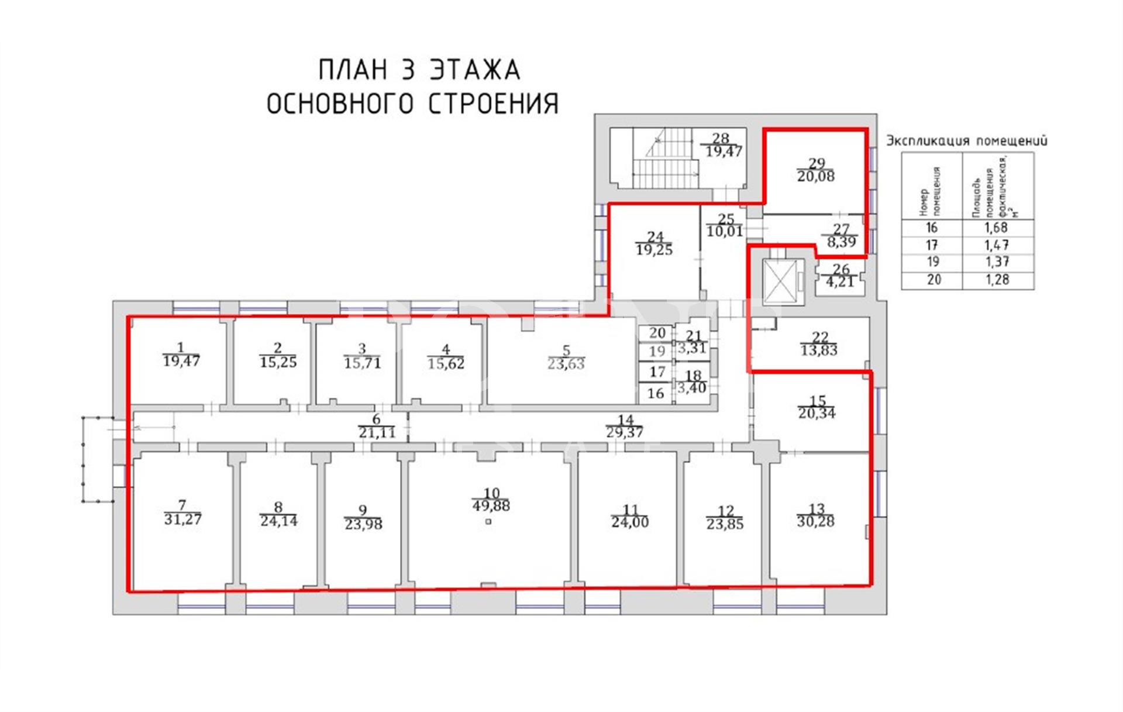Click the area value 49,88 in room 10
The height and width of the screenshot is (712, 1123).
pyautogui.click(x=491, y=506)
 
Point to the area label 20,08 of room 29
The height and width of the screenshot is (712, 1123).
pyautogui.click(x=816, y=176)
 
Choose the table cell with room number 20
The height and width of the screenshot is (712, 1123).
pyautogui.click(x=933, y=280)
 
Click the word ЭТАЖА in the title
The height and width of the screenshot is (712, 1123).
pyautogui.click(x=475, y=70)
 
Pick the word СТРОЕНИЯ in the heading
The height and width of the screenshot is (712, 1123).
pyautogui.click(x=494, y=104)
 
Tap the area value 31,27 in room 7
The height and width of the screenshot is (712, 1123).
pyautogui.click(x=183, y=519)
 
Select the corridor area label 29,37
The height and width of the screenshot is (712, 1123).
pyautogui.click(x=625, y=433)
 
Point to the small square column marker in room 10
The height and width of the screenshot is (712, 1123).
pyautogui.click(x=488, y=522)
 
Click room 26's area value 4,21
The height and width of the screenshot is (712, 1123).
pyautogui.click(x=840, y=281)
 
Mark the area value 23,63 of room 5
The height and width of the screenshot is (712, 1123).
pyautogui.click(x=566, y=364)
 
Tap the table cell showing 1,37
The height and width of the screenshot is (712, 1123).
pyautogui.click(x=997, y=262)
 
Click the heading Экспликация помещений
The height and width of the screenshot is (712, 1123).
pyautogui.click(x=967, y=140)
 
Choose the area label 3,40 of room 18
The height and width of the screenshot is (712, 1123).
pyautogui.click(x=691, y=387)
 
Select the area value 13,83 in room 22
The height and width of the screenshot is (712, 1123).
pyautogui.click(x=819, y=350)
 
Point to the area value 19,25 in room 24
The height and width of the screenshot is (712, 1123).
pyautogui.click(x=654, y=250)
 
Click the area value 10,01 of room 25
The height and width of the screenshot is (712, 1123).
pyautogui.click(x=725, y=231)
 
